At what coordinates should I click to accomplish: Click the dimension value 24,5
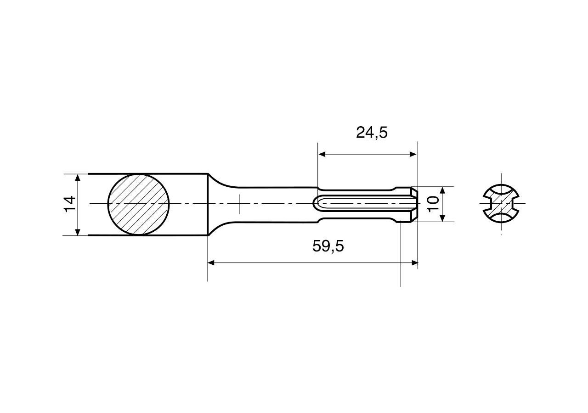click(372, 133)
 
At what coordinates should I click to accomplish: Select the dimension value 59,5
click(328, 246)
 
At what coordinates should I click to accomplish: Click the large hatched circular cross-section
click(139, 204)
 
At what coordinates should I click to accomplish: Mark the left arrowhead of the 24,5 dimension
click(322, 155)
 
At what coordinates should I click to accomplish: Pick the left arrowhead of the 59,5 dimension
click(212, 263)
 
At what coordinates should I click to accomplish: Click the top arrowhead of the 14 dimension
click(78, 178)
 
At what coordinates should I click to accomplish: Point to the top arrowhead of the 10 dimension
click(442, 190)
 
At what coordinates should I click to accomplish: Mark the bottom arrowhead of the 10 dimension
click(442, 218)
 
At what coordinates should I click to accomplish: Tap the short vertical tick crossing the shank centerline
click(239, 204)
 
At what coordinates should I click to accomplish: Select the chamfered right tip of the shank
click(415, 204)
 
